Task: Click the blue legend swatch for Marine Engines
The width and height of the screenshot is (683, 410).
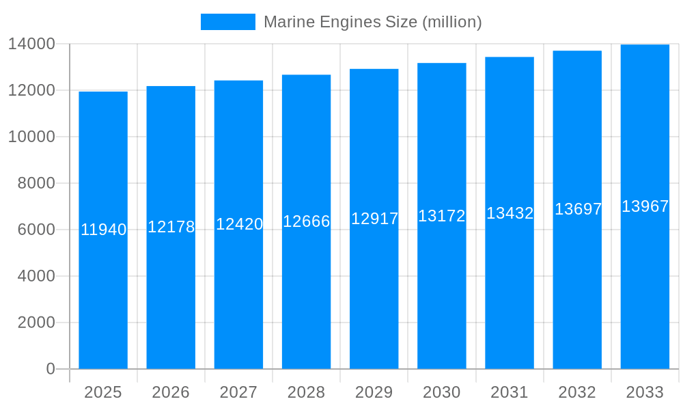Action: click(x=227, y=22)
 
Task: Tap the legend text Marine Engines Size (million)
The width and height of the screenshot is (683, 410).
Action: click(x=372, y=22)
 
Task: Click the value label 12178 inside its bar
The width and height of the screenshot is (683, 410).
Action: click(x=171, y=227)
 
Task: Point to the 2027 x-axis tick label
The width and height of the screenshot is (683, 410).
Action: click(x=238, y=392)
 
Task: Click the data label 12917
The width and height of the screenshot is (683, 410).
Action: click(x=374, y=219)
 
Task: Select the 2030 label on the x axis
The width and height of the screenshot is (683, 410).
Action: click(x=441, y=392)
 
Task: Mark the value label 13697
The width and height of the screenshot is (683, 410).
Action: click(x=578, y=209)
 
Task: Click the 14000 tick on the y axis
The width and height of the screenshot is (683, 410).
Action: click(x=31, y=44)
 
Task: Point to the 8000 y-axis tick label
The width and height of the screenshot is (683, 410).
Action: click(x=36, y=183)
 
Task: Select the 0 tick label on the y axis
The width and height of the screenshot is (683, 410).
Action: click(x=51, y=369)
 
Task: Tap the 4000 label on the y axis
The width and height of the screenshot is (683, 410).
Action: click(x=36, y=276)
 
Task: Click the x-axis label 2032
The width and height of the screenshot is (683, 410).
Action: click(x=577, y=392)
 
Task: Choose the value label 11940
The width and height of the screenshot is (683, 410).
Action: click(x=104, y=230)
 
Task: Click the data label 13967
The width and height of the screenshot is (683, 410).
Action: click(x=645, y=206)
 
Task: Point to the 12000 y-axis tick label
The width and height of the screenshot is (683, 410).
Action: click(x=31, y=90)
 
